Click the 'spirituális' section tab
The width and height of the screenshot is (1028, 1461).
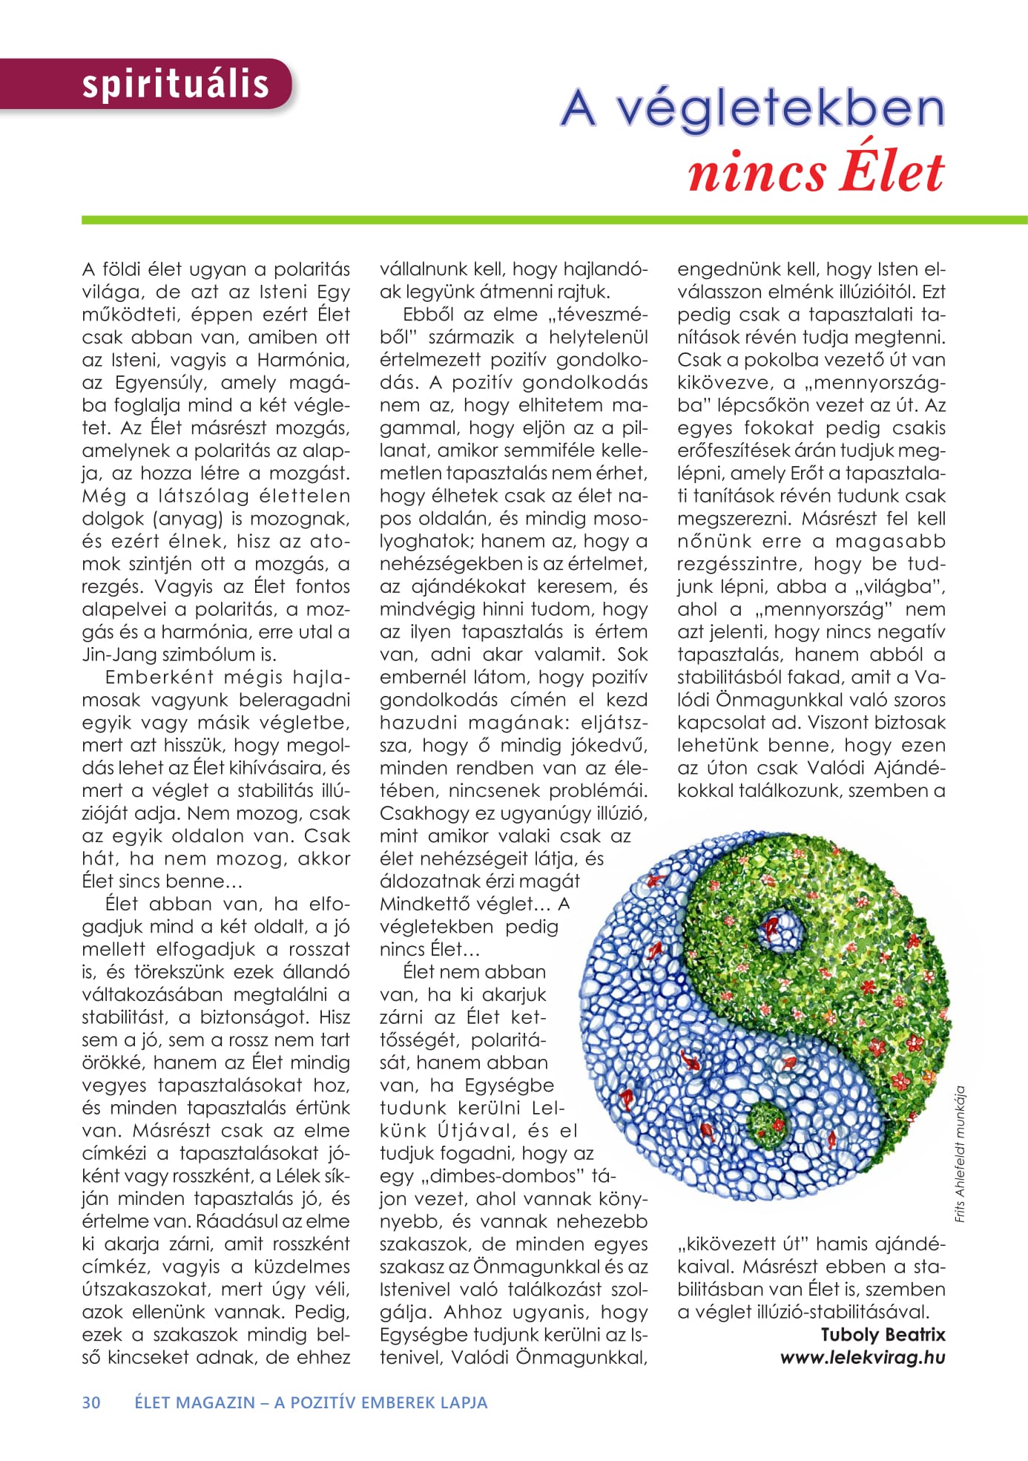[x=175, y=84]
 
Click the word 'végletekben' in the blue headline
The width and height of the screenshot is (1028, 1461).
[x=782, y=109]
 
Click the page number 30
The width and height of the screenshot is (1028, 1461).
[x=91, y=1402]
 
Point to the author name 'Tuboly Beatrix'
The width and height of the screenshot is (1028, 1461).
[x=883, y=1334]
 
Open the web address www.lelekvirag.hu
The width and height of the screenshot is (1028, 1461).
[x=863, y=1357]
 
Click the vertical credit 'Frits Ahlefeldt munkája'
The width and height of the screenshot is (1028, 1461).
[x=960, y=1154]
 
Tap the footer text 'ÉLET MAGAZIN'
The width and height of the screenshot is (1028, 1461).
[x=194, y=1402]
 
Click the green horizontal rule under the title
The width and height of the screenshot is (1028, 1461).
[x=554, y=220]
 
